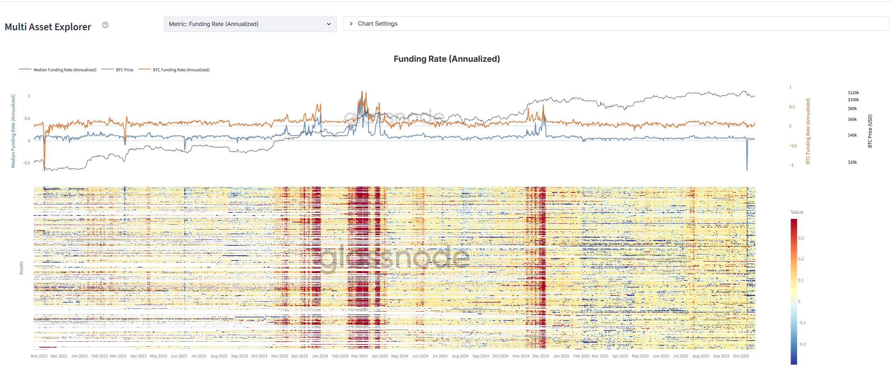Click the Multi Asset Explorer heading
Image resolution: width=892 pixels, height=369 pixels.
coord(48,27)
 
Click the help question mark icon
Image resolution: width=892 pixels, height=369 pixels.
coord(105,25)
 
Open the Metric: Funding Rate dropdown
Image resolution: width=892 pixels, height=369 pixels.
coord(250,24)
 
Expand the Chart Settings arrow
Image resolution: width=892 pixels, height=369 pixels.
coord(351,24)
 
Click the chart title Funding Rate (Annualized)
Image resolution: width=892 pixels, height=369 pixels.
coord(447,59)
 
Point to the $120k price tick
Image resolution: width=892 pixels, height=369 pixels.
coord(853,93)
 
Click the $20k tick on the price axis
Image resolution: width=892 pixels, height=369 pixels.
coord(852,162)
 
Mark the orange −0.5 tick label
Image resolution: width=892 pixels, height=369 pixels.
coord(793,146)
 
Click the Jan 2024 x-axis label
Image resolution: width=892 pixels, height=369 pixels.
coord(320,356)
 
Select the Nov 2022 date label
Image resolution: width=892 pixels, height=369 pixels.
coord(39,356)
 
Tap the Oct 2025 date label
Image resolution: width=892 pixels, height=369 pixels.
coord(741,356)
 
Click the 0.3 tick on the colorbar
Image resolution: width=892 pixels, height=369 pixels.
coord(801,238)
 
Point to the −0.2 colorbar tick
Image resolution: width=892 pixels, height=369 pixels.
coord(802,344)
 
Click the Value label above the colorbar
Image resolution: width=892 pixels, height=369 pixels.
coord(797,212)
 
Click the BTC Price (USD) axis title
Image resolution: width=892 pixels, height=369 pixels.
coord(870,131)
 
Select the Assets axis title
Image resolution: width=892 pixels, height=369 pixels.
coord(21,268)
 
